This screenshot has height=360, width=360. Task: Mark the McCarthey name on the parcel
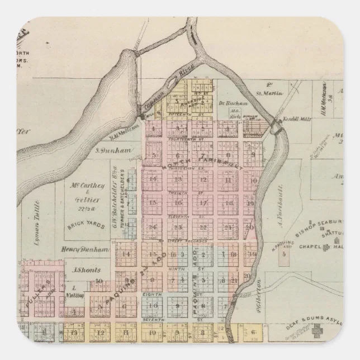click(84, 185)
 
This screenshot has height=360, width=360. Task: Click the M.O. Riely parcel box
click(235, 112)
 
